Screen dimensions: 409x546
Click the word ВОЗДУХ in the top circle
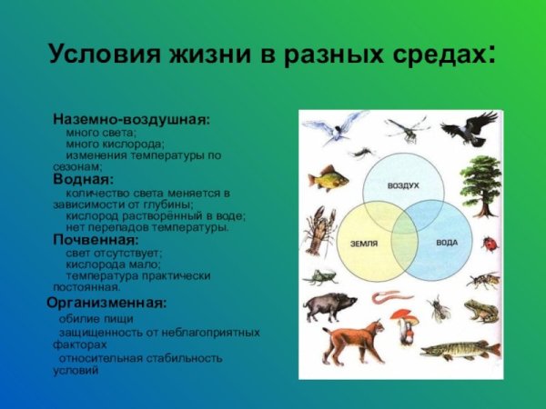coord(403,185)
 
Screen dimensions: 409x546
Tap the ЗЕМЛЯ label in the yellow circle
coord(363,244)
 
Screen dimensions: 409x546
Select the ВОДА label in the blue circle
coord(447,244)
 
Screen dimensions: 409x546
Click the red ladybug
coord(489,244)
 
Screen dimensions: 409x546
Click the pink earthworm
coord(392,296)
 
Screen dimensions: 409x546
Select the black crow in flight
coord(476,128)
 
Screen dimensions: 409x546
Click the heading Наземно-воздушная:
coord(131,119)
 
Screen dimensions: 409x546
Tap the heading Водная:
coord(83,180)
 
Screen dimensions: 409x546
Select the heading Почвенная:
coord(96,241)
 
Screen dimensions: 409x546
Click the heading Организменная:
coord(106,302)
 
